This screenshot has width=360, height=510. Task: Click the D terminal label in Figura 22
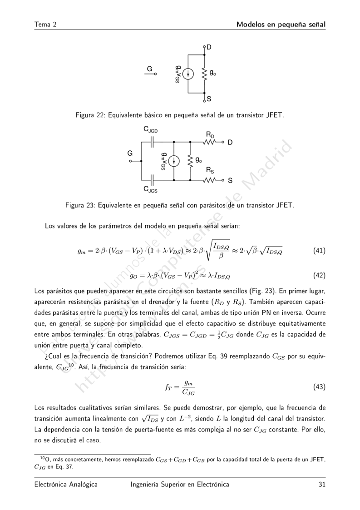(209, 47)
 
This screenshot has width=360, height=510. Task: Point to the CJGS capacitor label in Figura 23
(151, 189)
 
